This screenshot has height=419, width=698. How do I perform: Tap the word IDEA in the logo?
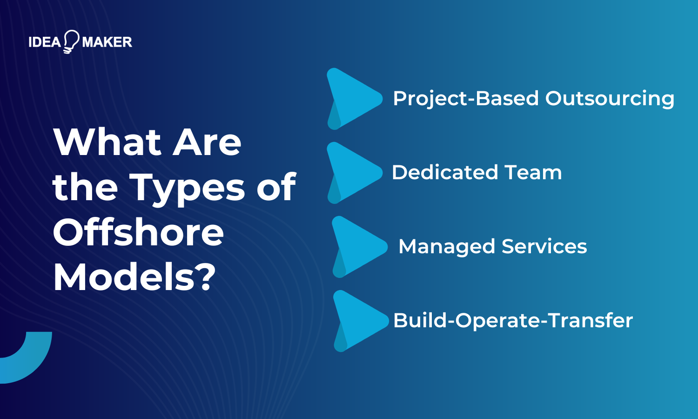[x=45, y=42]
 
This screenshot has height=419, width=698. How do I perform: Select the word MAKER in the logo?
[x=107, y=42]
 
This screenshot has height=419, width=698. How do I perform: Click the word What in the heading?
[x=107, y=142]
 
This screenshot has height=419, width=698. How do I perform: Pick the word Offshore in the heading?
[x=139, y=233]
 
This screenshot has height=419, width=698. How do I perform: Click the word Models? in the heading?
[x=134, y=277]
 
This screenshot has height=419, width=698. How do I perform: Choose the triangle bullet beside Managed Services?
[x=357, y=247]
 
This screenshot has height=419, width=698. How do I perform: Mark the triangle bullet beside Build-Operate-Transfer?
[x=358, y=320]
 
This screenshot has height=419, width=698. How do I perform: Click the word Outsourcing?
[x=610, y=99]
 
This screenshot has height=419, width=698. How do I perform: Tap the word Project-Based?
[x=466, y=98]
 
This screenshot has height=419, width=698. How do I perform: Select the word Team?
[x=533, y=172]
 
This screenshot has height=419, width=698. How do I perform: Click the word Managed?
[x=446, y=247]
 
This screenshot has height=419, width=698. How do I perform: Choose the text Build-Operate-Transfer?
[x=513, y=320]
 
